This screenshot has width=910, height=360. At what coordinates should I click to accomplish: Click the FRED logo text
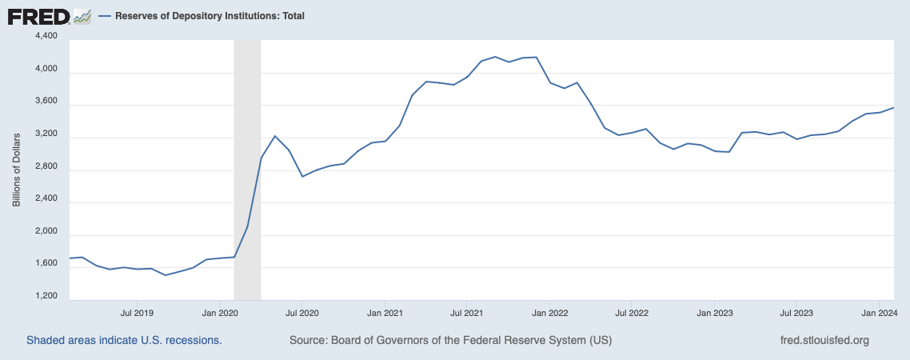click(x=38, y=16)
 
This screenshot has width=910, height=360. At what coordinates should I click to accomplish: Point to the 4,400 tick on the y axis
click(x=46, y=37)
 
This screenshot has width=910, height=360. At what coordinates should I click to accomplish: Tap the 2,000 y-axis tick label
click(x=46, y=232)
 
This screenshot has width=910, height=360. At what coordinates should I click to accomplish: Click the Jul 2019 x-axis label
click(x=137, y=312)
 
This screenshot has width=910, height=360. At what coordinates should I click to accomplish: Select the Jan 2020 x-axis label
click(x=219, y=312)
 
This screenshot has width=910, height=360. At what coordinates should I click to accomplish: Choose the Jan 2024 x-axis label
click(x=878, y=312)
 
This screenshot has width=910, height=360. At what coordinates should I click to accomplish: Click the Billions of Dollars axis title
click(x=16, y=166)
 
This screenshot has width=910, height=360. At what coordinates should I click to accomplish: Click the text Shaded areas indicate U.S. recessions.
click(x=124, y=340)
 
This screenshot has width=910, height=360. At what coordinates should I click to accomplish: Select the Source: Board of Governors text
click(x=450, y=340)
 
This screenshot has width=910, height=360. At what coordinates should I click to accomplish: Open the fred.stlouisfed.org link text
click(x=824, y=340)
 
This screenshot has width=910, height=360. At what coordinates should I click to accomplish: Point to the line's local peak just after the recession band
click(x=274, y=136)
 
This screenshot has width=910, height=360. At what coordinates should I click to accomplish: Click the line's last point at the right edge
click(x=893, y=107)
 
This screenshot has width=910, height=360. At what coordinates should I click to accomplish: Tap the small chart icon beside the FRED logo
click(x=82, y=16)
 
